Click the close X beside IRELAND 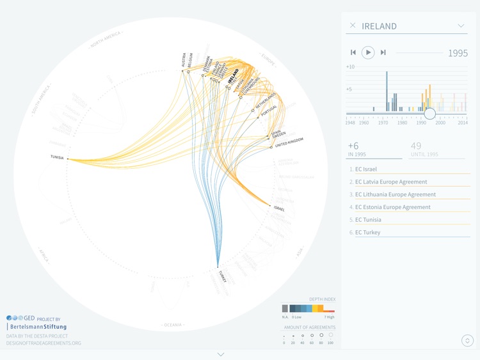pos(353,26)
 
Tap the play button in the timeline pos(368,52)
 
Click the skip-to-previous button pos(353,52)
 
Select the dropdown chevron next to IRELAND pos(461,26)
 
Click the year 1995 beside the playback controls pos(458,53)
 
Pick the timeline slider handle pos(430,114)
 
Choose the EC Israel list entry pos(366,169)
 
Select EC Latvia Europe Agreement pos(391,182)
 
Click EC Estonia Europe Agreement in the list pos(392,207)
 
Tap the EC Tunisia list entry pos(368,220)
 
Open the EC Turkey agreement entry pos(367,233)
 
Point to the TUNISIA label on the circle pos(56,157)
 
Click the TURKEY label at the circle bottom pos(222,276)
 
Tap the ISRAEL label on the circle pos(279,208)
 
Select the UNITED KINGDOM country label pos(289,142)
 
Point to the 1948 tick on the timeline pos(350,123)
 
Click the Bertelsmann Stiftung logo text pos(38,327)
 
